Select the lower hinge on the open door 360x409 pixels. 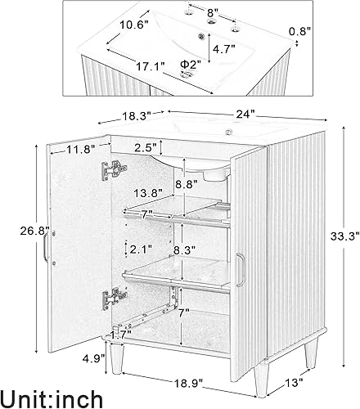pos(109,300)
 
